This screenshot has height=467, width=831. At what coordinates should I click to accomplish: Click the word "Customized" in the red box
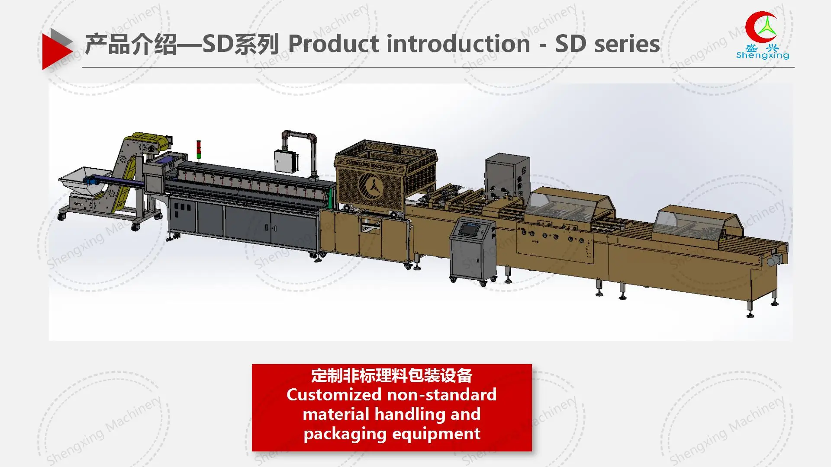click(334, 395)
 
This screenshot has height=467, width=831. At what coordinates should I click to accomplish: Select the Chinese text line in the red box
click(392, 375)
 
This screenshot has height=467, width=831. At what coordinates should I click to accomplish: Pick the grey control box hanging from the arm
click(285, 161)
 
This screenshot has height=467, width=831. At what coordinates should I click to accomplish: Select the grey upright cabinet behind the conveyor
click(507, 175)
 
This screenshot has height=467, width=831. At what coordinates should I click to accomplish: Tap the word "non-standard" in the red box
click(442, 395)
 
